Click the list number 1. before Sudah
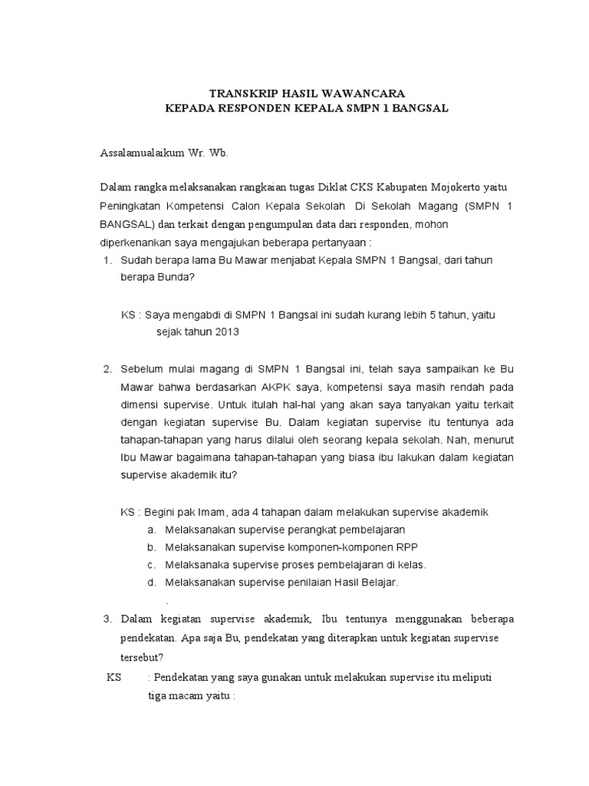(x=107, y=260)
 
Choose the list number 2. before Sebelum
(x=107, y=369)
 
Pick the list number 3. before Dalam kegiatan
(x=107, y=619)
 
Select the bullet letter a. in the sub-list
(x=151, y=530)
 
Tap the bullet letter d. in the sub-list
(x=151, y=583)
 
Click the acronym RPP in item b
(x=405, y=547)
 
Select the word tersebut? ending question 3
(x=142, y=657)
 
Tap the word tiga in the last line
(x=159, y=698)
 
